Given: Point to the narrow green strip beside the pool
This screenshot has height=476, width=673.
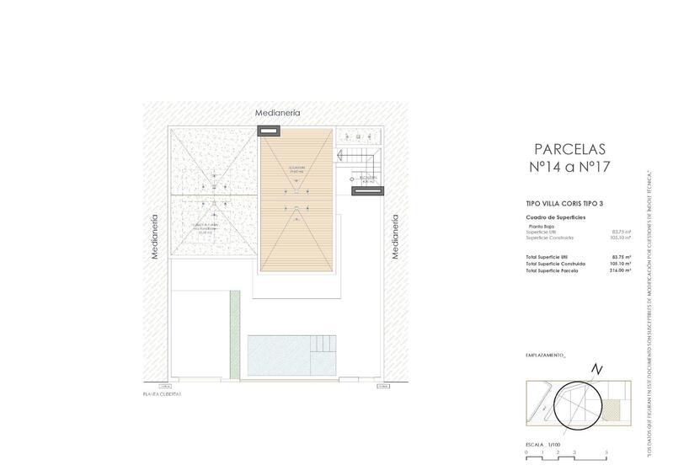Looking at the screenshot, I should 236,333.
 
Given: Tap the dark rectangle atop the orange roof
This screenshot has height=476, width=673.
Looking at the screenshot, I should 270,131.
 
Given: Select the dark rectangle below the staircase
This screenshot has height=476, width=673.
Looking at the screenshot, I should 369,191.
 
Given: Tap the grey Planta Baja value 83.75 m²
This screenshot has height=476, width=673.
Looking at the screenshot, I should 620,232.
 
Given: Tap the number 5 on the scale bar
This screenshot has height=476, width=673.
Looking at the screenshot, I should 606,453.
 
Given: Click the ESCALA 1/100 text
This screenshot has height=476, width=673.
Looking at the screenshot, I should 544,443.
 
